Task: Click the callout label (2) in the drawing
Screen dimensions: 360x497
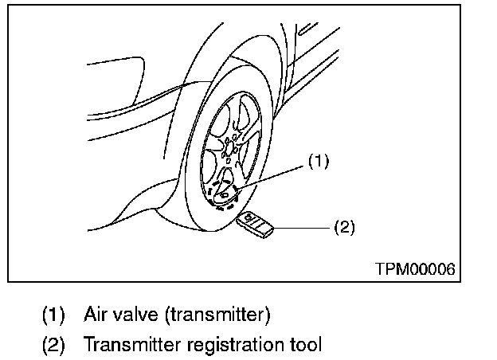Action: click(x=342, y=227)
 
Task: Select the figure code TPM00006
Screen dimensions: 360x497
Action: click(x=415, y=269)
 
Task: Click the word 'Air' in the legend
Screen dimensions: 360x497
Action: click(x=96, y=314)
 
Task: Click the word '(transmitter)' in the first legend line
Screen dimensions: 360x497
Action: click(x=218, y=314)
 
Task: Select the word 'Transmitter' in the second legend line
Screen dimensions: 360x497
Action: click(x=127, y=345)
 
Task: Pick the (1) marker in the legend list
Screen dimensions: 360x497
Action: click(x=54, y=314)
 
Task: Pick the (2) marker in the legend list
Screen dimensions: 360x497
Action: click(x=54, y=345)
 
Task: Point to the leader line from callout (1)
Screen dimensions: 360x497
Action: click(x=275, y=175)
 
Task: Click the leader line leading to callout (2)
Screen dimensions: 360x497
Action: click(x=303, y=227)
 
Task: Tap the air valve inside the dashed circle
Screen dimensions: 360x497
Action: click(x=225, y=193)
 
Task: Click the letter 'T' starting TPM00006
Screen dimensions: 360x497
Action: click(x=379, y=269)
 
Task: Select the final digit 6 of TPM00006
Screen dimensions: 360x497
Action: click(x=451, y=269)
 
